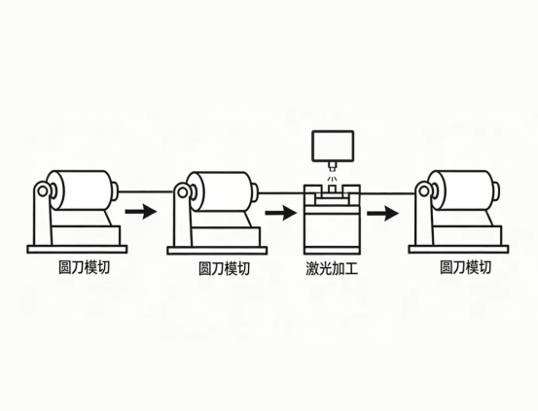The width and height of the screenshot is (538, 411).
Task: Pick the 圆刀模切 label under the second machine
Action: coord(224,267)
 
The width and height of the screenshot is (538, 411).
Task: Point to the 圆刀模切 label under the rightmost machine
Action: coord(465,267)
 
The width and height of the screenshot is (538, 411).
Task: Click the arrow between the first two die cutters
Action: coord(141,210)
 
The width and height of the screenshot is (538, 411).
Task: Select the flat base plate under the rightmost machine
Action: coord(458,250)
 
